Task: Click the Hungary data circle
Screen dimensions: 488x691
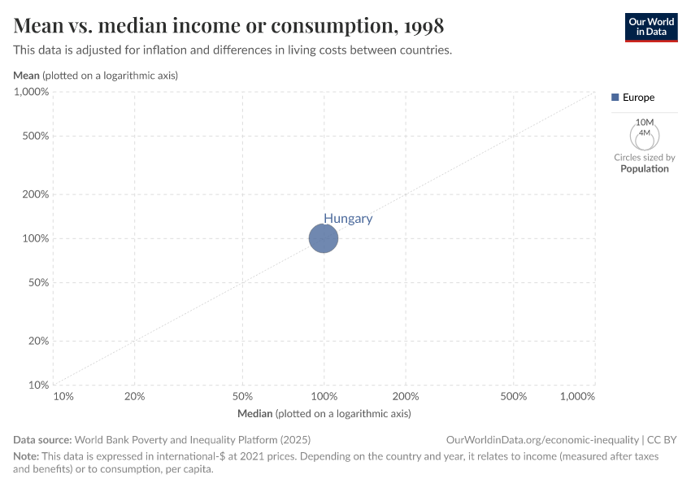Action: click(x=324, y=238)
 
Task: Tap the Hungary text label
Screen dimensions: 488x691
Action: click(x=348, y=218)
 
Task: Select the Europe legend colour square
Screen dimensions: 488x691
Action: click(x=615, y=98)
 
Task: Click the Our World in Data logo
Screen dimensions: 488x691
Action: click(x=650, y=27)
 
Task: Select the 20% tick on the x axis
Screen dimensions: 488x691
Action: click(x=135, y=396)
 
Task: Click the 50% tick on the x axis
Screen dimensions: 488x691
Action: click(x=243, y=396)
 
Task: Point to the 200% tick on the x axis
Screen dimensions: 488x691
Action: click(x=406, y=396)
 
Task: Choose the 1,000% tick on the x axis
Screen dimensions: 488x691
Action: click(x=578, y=396)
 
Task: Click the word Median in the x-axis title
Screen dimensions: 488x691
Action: click(x=254, y=414)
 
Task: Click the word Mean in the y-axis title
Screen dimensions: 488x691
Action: click(x=27, y=76)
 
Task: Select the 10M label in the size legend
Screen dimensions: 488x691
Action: click(x=645, y=122)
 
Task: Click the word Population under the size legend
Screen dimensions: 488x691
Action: click(x=645, y=168)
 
